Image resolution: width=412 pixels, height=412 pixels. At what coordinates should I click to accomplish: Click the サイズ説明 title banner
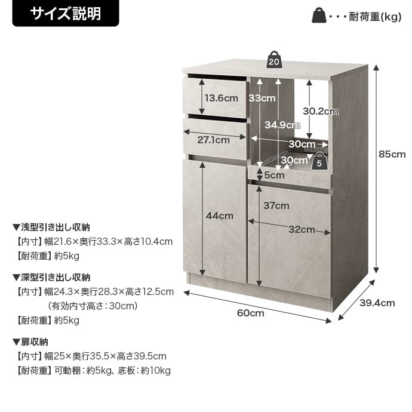point(66,13)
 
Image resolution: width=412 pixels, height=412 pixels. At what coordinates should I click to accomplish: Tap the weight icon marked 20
point(274,60)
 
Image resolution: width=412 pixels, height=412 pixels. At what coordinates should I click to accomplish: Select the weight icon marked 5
point(319,161)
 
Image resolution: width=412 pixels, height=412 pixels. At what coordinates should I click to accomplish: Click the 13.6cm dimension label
point(222,99)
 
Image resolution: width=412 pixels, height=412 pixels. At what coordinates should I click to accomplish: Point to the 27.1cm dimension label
point(213,140)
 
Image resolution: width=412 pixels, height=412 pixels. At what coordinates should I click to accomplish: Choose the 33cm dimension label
point(262,99)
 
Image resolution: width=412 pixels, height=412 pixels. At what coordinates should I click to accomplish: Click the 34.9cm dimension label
point(282,125)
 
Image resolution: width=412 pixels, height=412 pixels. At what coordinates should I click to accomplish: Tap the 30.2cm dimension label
point(321,111)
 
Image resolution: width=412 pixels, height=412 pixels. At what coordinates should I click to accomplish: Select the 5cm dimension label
point(274,176)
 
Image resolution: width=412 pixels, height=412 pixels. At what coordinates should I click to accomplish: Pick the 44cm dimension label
point(219,216)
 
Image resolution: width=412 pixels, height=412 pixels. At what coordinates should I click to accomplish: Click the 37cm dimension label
point(276,205)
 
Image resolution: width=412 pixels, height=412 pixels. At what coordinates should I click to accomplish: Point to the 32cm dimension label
point(302,229)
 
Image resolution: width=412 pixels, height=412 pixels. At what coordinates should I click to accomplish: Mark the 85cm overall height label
point(392,154)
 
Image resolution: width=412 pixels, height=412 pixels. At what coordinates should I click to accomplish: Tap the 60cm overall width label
point(250,313)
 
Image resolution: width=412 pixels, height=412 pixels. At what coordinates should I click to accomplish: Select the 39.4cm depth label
point(377,303)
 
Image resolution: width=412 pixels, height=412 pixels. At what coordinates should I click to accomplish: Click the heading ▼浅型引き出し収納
point(51,227)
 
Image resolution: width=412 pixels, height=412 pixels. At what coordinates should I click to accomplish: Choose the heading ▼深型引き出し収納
point(51,278)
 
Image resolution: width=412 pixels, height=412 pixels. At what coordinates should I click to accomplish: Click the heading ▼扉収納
point(30,342)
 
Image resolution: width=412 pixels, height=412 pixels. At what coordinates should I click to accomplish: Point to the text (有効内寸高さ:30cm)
point(93,306)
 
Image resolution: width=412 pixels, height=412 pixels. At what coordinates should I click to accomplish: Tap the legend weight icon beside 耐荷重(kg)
point(319,16)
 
